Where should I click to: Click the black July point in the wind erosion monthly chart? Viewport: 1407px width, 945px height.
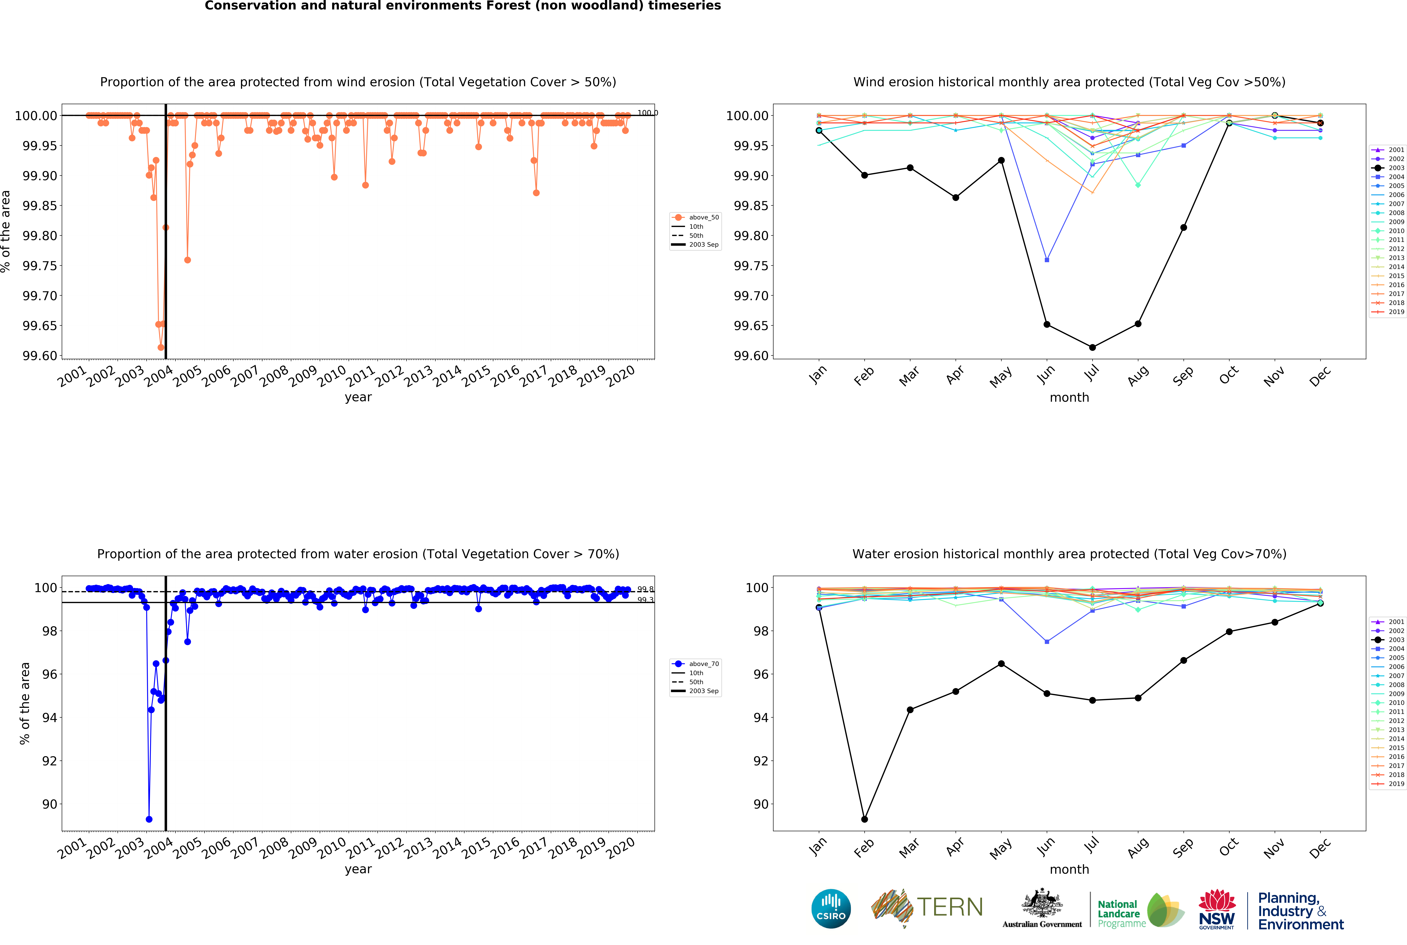coord(1092,347)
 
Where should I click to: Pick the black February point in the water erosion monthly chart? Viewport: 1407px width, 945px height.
coord(864,819)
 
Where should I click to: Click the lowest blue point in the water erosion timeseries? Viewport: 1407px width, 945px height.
coord(149,819)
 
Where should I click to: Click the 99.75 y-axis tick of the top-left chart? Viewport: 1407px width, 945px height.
coord(40,266)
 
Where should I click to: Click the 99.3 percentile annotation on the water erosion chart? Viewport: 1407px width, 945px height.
coord(645,600)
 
